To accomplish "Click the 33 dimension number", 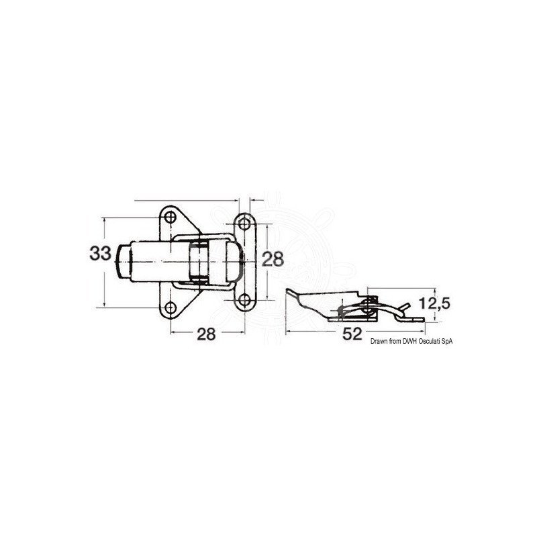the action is coord(100,254).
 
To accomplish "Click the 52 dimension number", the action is coord(352,334).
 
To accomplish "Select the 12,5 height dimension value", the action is coord(434,303).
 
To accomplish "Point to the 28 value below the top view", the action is coord(206,334).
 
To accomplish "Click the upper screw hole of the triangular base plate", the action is coord(170,217).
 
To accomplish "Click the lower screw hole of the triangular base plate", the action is coord(170,307).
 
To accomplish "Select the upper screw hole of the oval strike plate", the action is coord(244,224).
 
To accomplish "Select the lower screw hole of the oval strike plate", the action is coord(244,300).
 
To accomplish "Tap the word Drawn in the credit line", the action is coord(379,341).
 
